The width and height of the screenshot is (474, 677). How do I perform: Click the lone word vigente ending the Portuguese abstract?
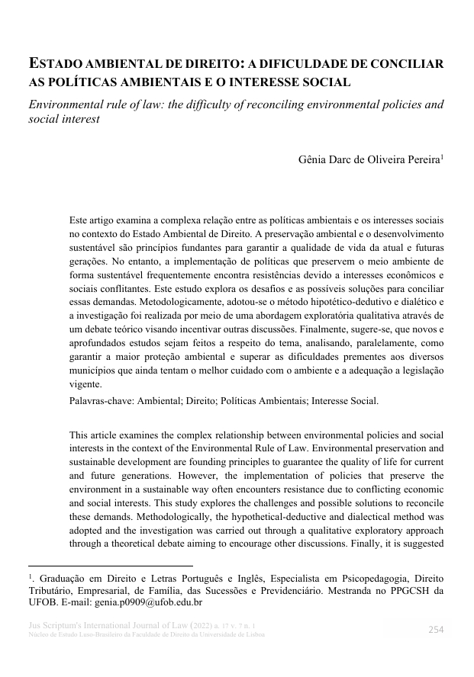pos(85,384)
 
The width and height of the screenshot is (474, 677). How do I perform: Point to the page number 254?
pos(435,630)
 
